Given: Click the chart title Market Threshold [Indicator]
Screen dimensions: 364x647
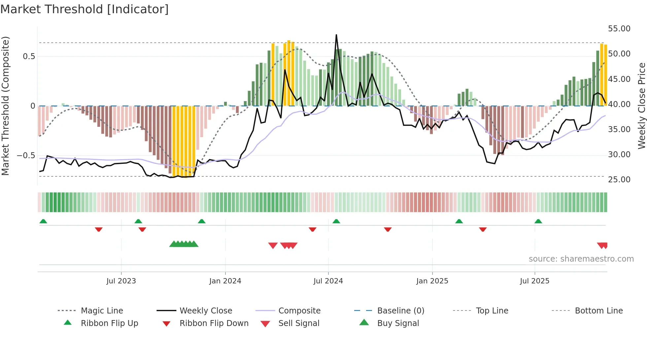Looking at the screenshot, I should click(85, 9).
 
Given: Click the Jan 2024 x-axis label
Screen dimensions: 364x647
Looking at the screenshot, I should click(225, 281).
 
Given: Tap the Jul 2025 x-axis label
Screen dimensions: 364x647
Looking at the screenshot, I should click(534, 281).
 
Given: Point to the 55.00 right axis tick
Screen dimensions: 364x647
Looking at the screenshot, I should click(619, 29).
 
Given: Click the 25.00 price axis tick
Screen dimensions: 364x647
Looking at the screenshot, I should click(619, 179).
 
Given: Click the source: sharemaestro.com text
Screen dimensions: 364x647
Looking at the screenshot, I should click(581, 259).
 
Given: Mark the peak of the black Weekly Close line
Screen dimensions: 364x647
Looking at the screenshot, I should click(336, 35).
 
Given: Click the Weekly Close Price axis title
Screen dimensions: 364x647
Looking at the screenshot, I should click(641, 106).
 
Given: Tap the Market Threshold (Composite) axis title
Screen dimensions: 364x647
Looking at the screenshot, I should click(5, 106).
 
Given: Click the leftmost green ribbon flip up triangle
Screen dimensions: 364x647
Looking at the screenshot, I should click(43, 221).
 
